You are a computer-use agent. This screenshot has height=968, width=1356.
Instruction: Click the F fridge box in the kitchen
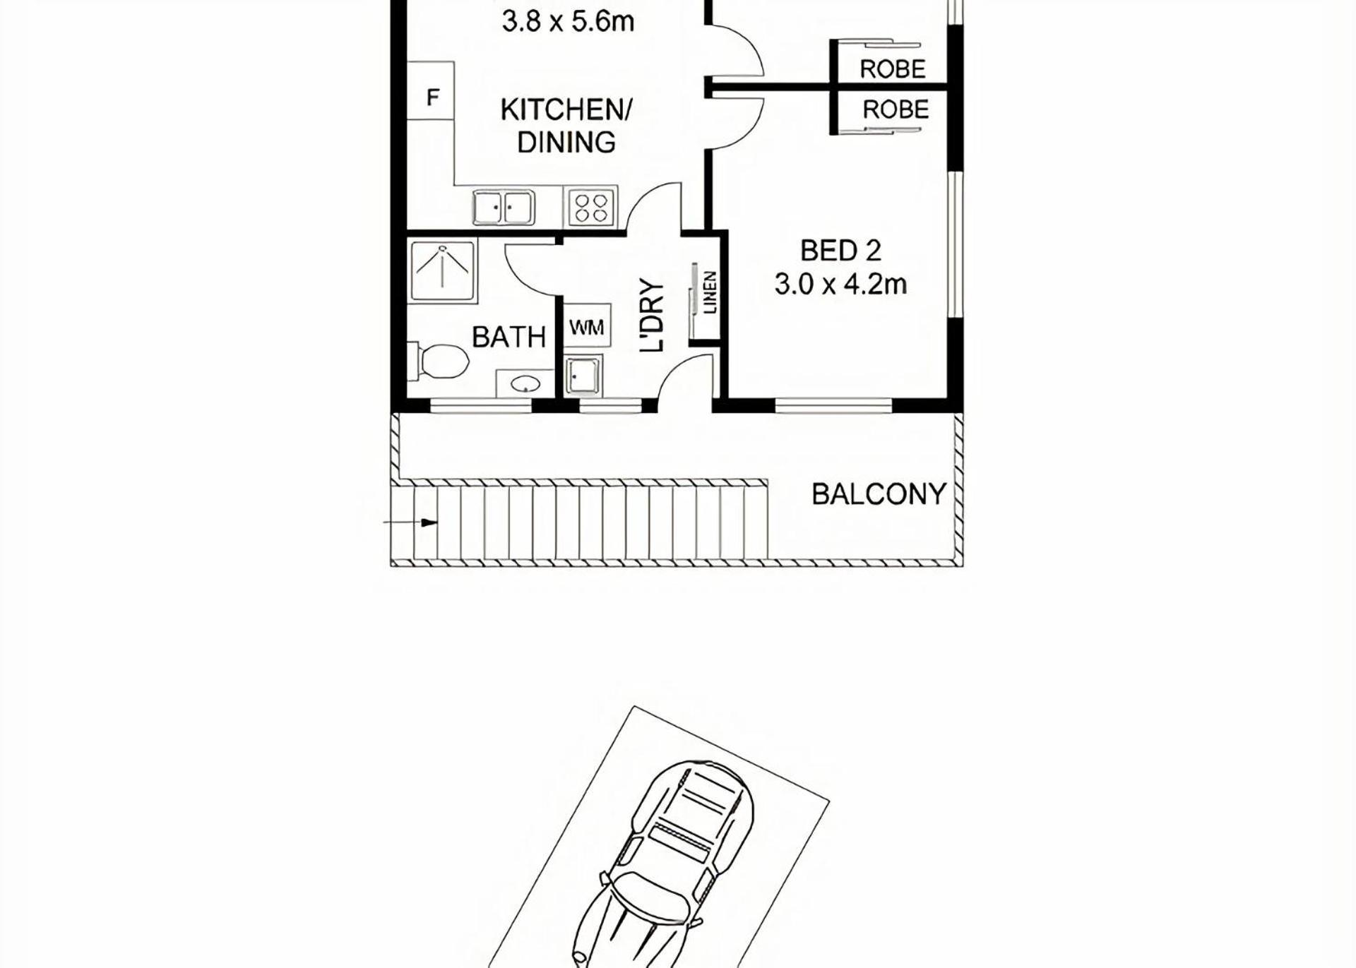tap(432, 90)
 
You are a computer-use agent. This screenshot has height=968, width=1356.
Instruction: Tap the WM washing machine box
tap(586, 327)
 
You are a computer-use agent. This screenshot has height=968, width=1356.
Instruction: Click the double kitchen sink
tap(503, 207)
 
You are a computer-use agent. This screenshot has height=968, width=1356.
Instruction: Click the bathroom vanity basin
tap(525, 384)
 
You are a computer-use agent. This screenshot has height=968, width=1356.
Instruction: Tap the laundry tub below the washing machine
tap(583, 374)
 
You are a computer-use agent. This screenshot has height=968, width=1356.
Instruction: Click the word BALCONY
tap(879, 494)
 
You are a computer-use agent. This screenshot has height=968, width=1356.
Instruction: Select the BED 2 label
tap(840, 251)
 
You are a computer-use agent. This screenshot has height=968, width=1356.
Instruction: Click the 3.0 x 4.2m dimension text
tap(840, 285)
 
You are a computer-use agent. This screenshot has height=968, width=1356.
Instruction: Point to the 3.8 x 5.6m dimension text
tap(568, 21)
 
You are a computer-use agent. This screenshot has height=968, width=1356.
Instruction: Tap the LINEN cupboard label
tap(710, 293)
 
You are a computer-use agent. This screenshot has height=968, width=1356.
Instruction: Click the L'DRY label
tap(652, 316)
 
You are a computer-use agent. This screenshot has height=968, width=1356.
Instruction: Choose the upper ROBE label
tap(893, 69)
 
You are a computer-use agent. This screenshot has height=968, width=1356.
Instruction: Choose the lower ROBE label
tap(896, 110)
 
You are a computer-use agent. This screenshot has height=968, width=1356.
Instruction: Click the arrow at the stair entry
tap(410, 522)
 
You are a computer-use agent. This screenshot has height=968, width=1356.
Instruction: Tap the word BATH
tap(509, 337)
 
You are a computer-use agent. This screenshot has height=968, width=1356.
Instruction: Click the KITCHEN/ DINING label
tap(566, 126)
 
